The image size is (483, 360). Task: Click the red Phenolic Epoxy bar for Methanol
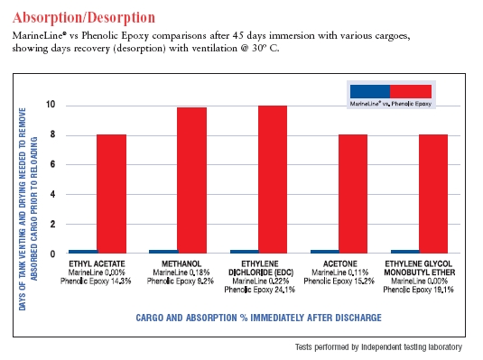pos(192,180)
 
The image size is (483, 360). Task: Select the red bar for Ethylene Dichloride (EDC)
pos(273,180)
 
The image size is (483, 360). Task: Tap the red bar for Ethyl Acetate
pos(112,194)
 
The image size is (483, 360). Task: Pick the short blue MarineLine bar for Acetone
pos(325,252)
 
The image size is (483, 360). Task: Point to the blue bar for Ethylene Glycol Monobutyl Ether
pos(405,252)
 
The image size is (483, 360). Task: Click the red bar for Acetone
pos(353,194)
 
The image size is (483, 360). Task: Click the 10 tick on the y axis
pos(51,105)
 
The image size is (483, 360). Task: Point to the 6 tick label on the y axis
pos(52,164)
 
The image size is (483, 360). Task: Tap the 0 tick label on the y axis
pos(52,254)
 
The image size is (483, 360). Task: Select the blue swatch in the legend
pos(370,91)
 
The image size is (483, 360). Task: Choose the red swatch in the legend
pos(411,91)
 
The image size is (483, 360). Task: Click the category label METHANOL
pos(181,264)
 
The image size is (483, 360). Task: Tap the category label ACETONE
pos(340,264)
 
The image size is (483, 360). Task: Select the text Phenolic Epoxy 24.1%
pos(260,290)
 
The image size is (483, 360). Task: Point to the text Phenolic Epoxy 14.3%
pos(96,282)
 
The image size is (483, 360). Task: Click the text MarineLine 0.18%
pos(181,272)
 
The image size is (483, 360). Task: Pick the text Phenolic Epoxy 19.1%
pos(419,290)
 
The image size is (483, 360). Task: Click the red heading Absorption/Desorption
pos(84,17)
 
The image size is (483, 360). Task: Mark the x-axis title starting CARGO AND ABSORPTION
pos(259,318)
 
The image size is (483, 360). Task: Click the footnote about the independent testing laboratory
pos(378,347)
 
